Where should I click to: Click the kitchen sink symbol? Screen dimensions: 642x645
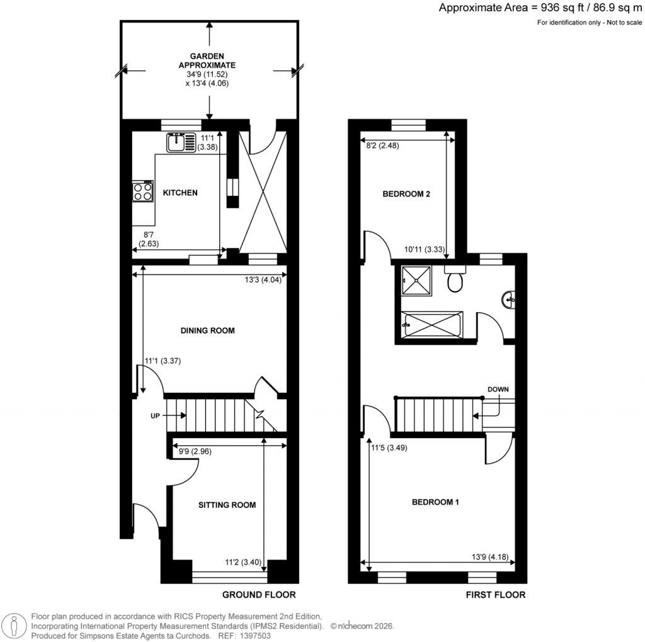point(181,142)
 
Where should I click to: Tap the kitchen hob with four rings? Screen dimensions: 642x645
point(143,191)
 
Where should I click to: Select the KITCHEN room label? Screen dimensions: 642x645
point(181,193)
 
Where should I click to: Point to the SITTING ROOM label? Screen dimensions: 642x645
point(227,505)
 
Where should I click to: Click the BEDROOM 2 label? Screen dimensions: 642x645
point(406,194)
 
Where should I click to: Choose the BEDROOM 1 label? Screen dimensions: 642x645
point(435,502)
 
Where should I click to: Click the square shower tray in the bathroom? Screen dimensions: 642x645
point(416,281)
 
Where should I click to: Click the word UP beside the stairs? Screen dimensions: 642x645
point(156,416)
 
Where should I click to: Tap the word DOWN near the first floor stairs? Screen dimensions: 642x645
point(498,390)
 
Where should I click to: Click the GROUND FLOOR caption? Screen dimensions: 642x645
point(259,595)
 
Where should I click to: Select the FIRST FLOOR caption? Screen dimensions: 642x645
point(496,595)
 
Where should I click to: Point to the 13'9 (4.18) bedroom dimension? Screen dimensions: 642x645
point(489,556)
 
